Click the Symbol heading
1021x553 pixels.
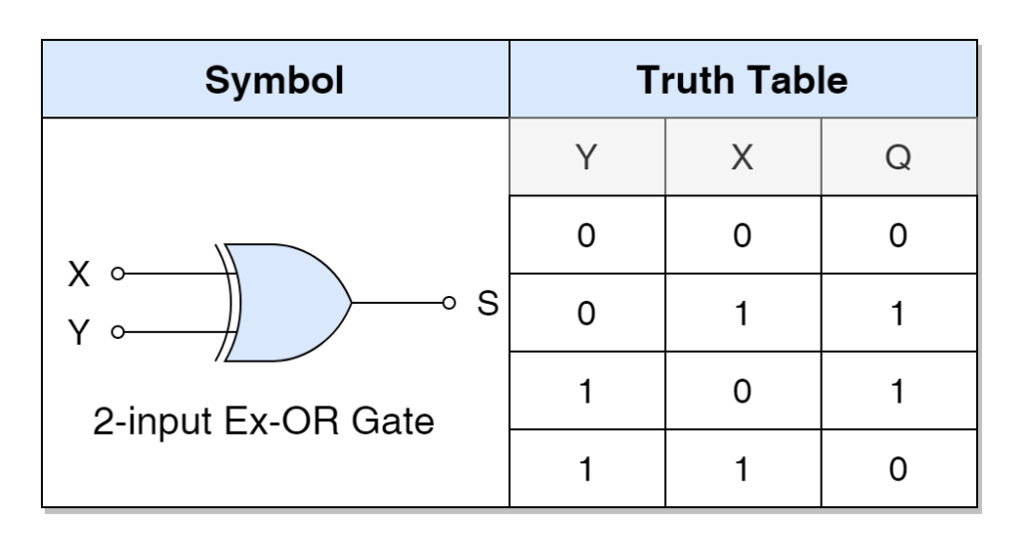[x=274, y=81]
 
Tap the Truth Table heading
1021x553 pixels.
[x=742, y=80]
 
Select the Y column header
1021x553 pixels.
[x=586, y=156]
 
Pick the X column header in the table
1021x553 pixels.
[x=742, y=156]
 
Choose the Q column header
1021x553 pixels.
[x=898, y=156]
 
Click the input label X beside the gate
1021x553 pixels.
[x=79, y=274]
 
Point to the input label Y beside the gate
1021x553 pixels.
[x=79, y=333]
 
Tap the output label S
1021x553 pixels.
[x=488, y=303]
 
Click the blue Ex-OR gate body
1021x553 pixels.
[x=287, y=303]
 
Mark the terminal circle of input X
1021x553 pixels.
[x=118, y=274]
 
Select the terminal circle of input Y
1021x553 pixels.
[x=118, y=333]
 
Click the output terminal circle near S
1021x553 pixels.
[x=449, y=303]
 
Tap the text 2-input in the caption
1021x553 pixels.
[x=153, y=422]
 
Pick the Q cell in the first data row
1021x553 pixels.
[x=898, y=235]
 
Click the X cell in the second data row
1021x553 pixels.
[x=742, y=313]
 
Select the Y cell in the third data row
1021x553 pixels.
[x=586, y=391]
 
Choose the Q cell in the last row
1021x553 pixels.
[x=898, y=469]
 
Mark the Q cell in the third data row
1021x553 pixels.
[x=898, y=391]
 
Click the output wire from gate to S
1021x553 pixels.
[x=397, y=303]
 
